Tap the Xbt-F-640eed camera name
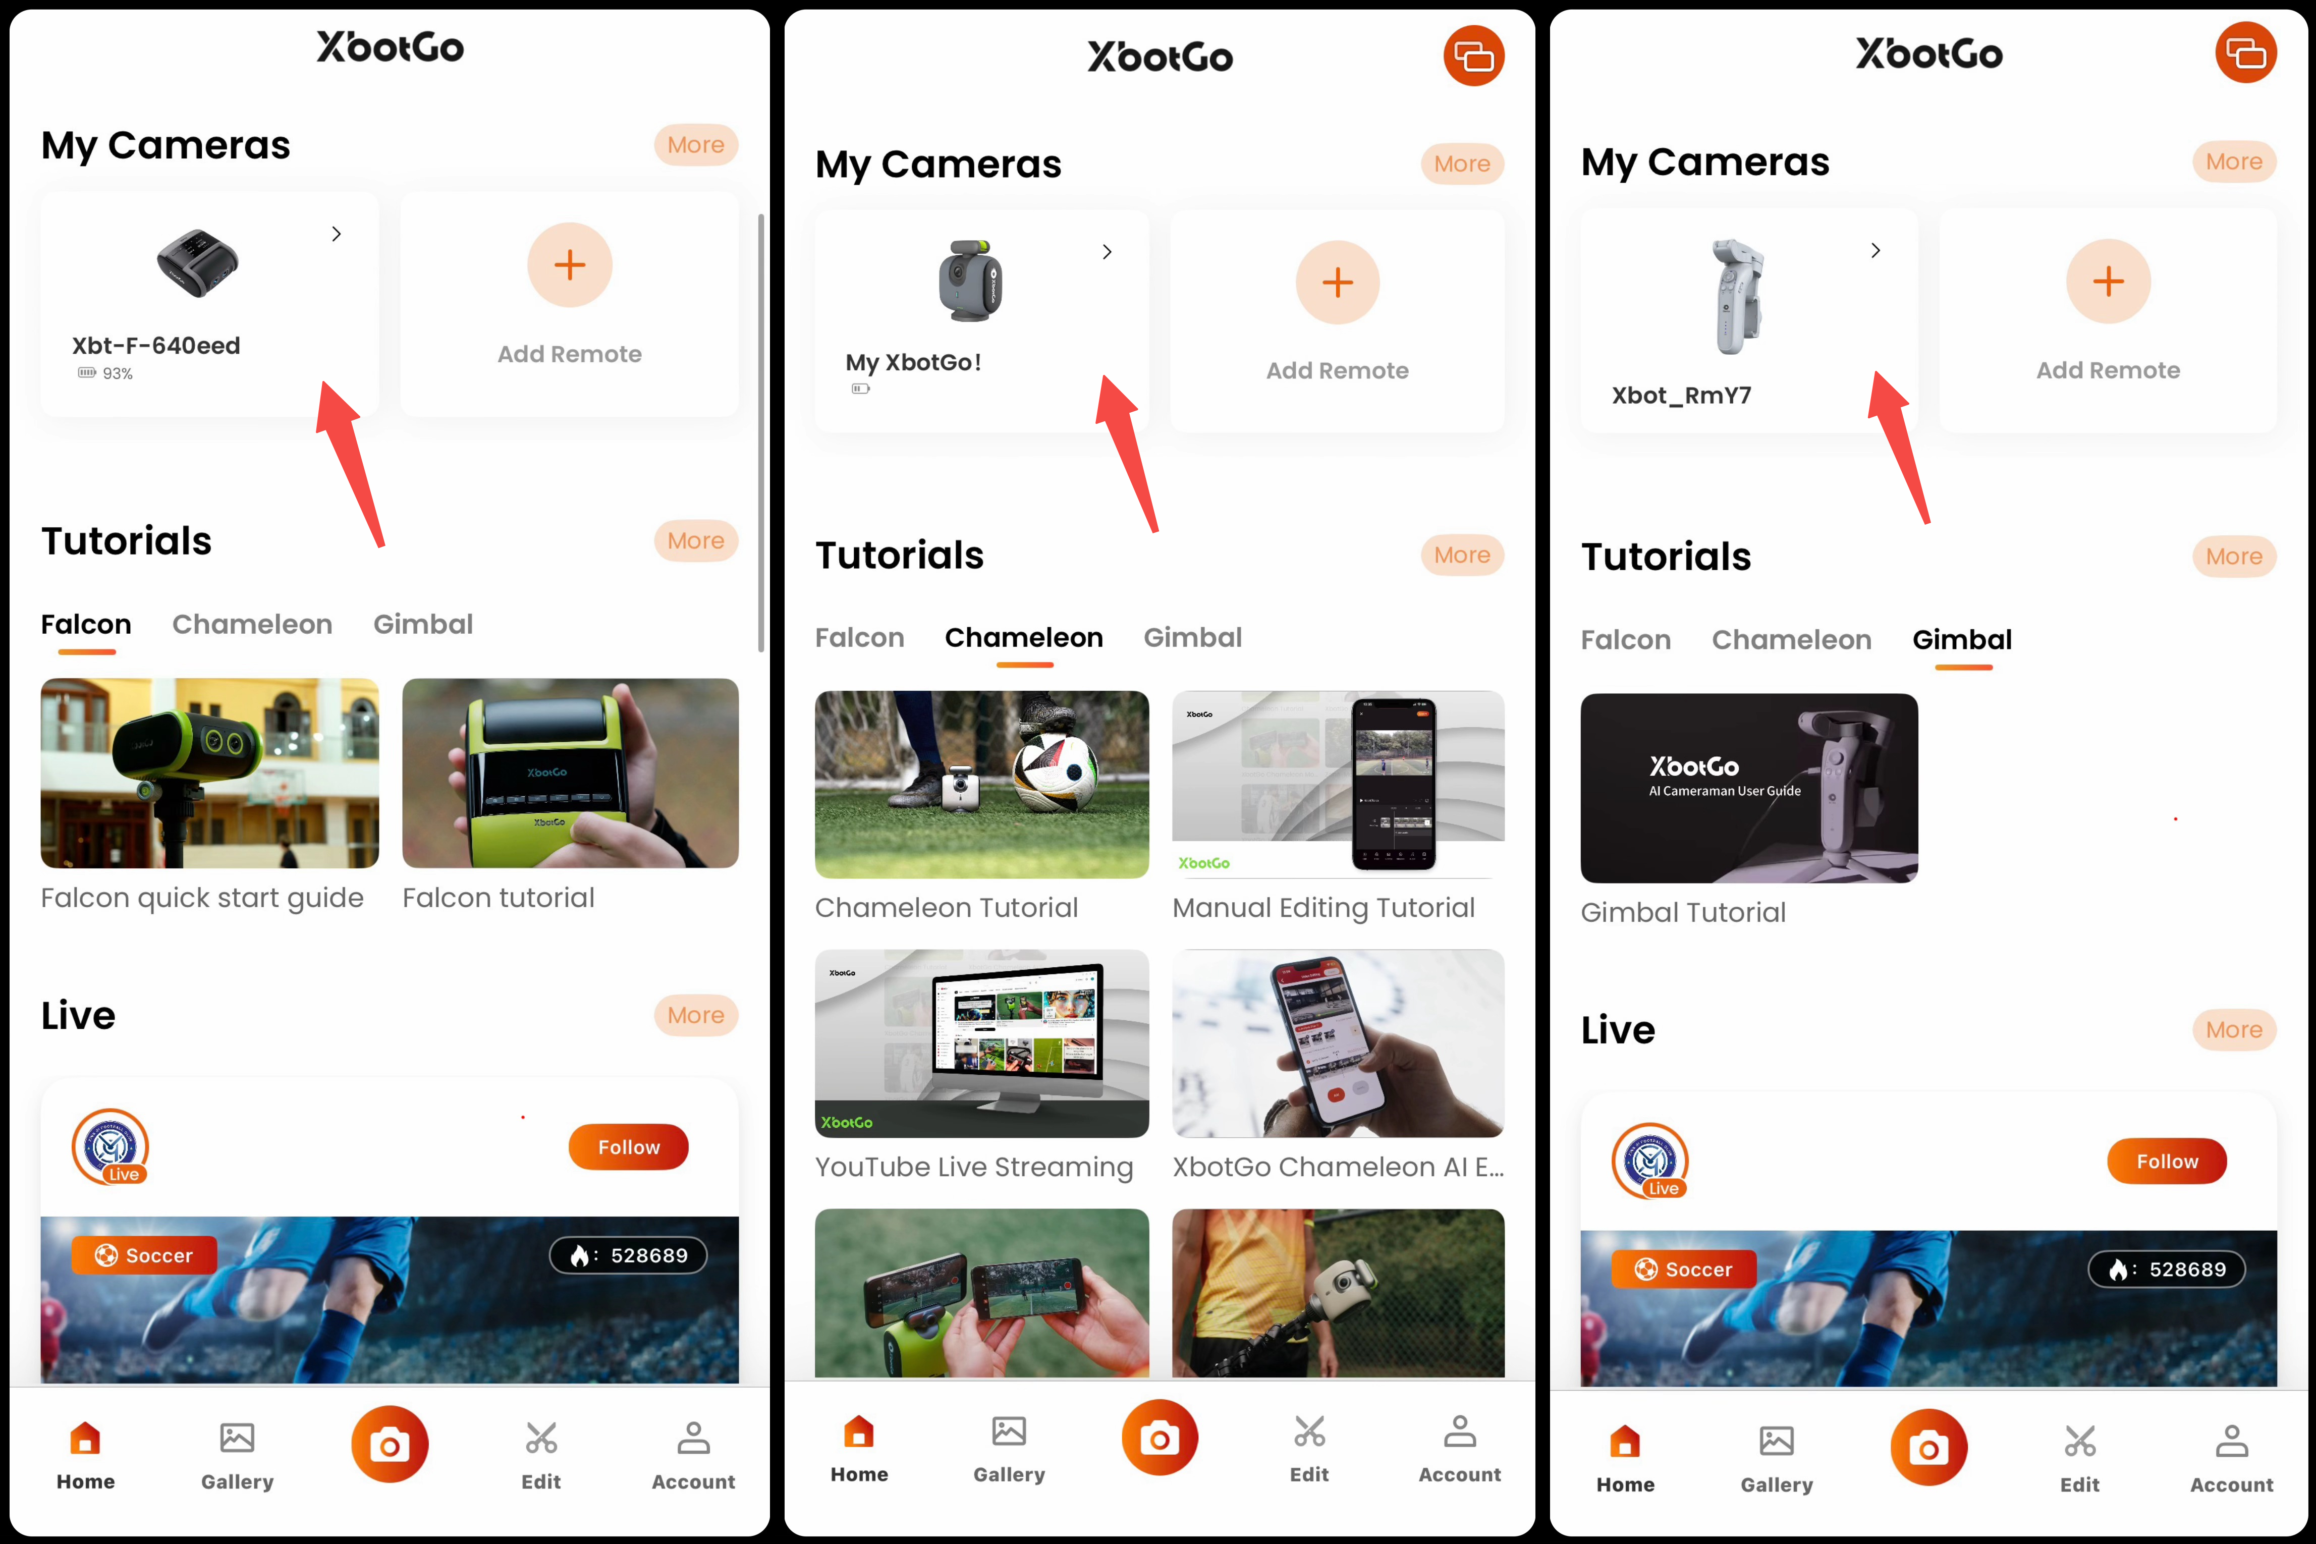click(155, 346)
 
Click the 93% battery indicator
click(105, 373)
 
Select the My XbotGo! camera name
click(913, 362)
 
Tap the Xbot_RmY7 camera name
click(1681, 396)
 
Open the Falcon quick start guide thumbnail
click(210, 773)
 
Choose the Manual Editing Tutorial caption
click(1324, 908)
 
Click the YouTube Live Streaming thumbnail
click(982, 1044)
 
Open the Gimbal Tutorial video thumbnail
click(1749, 788)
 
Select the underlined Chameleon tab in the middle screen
click(1024, 638)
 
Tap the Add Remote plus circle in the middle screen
click(1337, 283)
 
